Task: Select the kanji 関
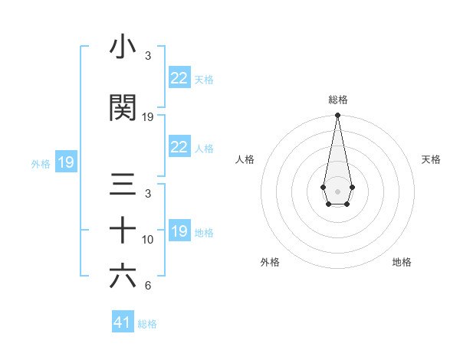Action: (x=123, y=108)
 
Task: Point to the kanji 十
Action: (x=123, y=231)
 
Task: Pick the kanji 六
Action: (x=123, y=277)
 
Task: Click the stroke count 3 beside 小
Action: (x=148, y=56)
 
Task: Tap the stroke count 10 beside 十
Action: (x=148, y=239)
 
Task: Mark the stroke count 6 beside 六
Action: (x=148, y=286)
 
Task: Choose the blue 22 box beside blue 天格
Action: (x=179, y=78)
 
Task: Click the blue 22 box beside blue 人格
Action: (x=179, y=147)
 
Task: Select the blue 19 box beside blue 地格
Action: (x=179, y=231)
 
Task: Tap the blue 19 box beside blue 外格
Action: (x=65, y=162)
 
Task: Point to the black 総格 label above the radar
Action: (x=337, y=100)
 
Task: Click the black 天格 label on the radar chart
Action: (x=431, y=159)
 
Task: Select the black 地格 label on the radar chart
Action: (x=402, y=262)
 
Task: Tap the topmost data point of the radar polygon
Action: (x=337, y=116)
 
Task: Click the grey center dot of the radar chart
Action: (x=337, y=190)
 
